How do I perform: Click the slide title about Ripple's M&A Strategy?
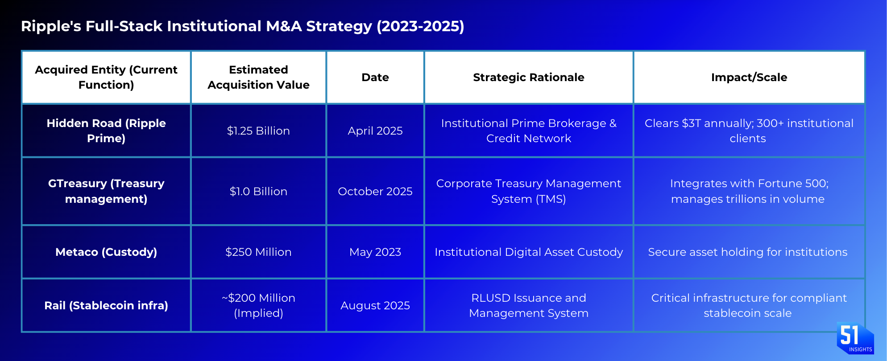(x=243, y=26)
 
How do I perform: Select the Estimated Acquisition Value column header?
(x=258, y=77)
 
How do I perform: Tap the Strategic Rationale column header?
(x=529, y=77)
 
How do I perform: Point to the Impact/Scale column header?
(x=749, y=77)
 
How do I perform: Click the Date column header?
(x=375, y=77)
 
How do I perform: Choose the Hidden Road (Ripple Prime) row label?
(x=106, y=131)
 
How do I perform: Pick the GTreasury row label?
(x=106, y=191)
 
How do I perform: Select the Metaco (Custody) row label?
(x=106, y=252)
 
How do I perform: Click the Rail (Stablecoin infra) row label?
(x=106, y=305)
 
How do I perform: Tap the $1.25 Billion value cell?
(x=258, y=131)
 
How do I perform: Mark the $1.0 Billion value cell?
(x=258, y=191)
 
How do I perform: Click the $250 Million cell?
(x=258, y=252)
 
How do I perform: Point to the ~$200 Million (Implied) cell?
(x=258, y=305)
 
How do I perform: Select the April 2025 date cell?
(x=375, y=131)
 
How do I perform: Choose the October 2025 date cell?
(x=375, y=191)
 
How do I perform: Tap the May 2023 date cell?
(x=375, y=252)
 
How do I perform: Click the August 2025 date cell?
(x=375, y=305)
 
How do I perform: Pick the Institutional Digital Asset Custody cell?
(x=529, y=252)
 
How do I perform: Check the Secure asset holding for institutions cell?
(x=748, y=252)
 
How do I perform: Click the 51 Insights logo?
(x=855, y=338)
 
